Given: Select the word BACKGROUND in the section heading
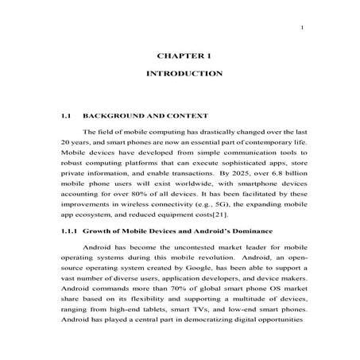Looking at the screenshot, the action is [113, 116].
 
